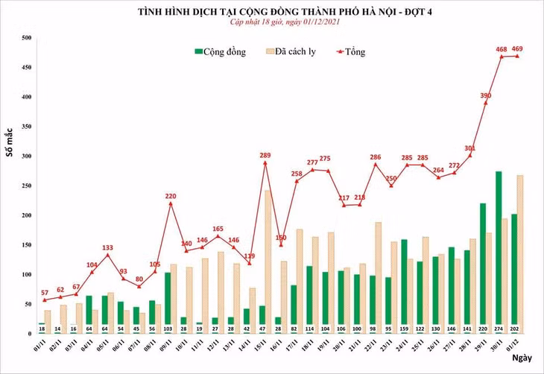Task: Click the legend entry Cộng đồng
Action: (224, 51)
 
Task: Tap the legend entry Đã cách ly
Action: (294, 51)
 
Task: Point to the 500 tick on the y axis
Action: (26, 38)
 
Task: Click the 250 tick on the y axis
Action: (26, 186)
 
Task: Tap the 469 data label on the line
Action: (515, 49)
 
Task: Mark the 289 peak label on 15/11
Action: (265, 155)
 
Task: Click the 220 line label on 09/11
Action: (171, 196)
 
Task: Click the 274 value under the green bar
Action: (499, 328)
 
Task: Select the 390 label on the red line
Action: (486, 96)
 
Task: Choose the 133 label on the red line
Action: (107, 247)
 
